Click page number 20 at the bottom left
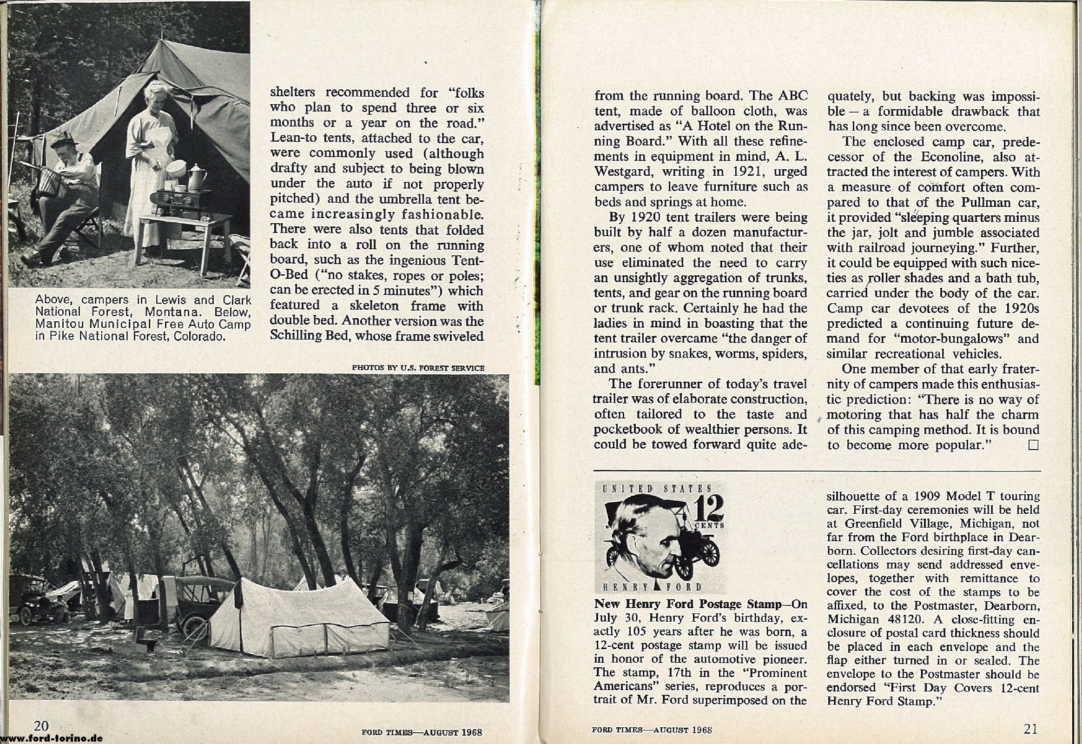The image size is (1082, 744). point(41,726)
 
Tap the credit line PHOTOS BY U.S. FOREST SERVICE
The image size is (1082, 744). point(418,368)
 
